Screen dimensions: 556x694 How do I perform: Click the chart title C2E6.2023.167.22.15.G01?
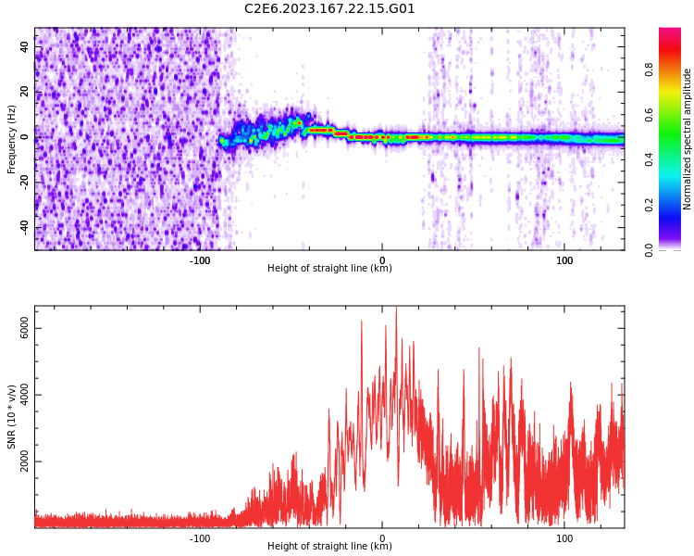(x=329, y=9)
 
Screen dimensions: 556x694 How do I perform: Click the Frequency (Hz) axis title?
(x=12, y=138)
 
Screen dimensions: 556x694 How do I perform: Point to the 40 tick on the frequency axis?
(x=25, y=46)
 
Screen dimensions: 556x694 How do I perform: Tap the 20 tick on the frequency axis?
(x=25, y=92)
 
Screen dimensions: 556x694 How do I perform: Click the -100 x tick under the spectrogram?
(x=200, y=259)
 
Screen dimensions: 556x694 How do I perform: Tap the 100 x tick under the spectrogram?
(x=564, y=259)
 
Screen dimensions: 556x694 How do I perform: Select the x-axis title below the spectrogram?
(x=329, y=269)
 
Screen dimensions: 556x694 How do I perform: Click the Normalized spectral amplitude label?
(x=688, y=139)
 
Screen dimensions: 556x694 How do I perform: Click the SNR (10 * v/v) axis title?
(x=12, y=417)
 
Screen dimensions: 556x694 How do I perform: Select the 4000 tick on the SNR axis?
(x=25, y=395)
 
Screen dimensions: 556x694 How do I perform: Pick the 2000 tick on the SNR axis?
(x=25, y=461)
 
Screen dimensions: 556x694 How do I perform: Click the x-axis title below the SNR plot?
(x=329, y=547)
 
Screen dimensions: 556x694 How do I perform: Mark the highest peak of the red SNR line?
(x=396, y=309)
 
